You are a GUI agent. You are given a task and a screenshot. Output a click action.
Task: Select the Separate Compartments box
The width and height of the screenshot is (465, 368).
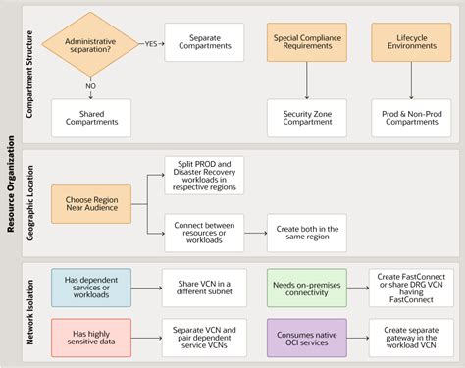coord(204,43)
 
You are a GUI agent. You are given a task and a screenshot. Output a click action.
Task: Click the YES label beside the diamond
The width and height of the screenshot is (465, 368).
coord(150,43)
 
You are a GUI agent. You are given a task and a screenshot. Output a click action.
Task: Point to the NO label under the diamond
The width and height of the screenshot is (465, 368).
coord(91,84)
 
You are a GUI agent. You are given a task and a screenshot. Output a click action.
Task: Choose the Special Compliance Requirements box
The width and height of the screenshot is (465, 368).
coord(308,43)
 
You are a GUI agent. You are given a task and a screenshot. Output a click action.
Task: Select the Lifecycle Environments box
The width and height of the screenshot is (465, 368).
coord(410,43)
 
